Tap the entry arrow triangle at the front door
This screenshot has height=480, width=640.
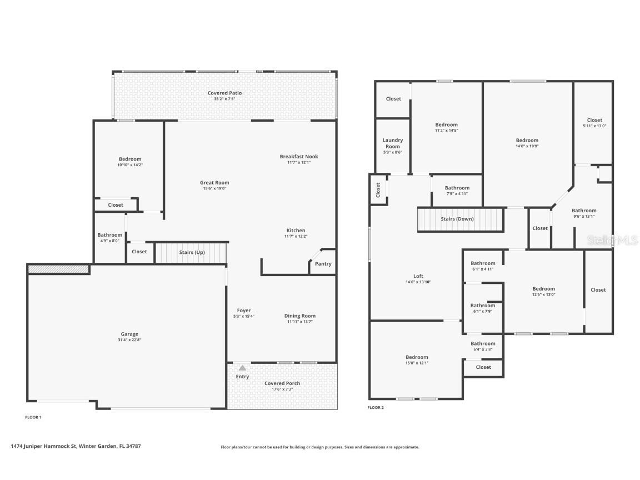click(x=242, y=368)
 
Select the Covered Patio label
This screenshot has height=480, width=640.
click(x=224, y=93)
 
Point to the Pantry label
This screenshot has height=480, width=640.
click(x=323, y=264)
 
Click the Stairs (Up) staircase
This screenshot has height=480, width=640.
click(x=191, y=252)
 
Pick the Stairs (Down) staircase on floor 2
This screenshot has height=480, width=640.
click(x=460, y=219)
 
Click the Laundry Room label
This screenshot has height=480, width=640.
click(x=393, y=143)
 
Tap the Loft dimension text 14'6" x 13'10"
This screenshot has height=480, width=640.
click(x=418, y=282)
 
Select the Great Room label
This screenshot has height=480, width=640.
click(x=214, y=183)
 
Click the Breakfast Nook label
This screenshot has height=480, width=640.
click(x=299, y=157)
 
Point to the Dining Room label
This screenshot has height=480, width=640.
click(x=300, y=316)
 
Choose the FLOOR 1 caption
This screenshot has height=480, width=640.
click(x=33, y=417)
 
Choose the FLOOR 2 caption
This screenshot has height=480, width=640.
click(x=376, y=408)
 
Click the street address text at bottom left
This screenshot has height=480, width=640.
click(x=75, y=446)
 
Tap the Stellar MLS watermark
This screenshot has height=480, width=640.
click(x=612, y=240)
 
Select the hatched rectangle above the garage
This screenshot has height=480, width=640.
click(x=58, y=269)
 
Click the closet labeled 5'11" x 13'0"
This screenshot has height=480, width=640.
click(x=594, y=123)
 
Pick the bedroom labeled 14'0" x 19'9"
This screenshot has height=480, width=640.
click(x=527, y=143)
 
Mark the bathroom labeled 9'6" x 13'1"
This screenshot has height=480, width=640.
click(x=584, y=213)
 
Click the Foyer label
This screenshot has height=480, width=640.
click(x=243, y=311)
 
